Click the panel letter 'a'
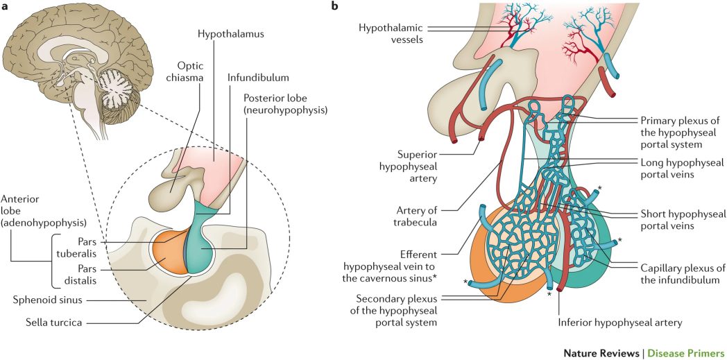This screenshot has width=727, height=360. point(5,7)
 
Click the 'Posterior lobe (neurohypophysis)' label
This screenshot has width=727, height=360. point(286,103)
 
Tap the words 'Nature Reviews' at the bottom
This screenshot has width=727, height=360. point(610,352)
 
